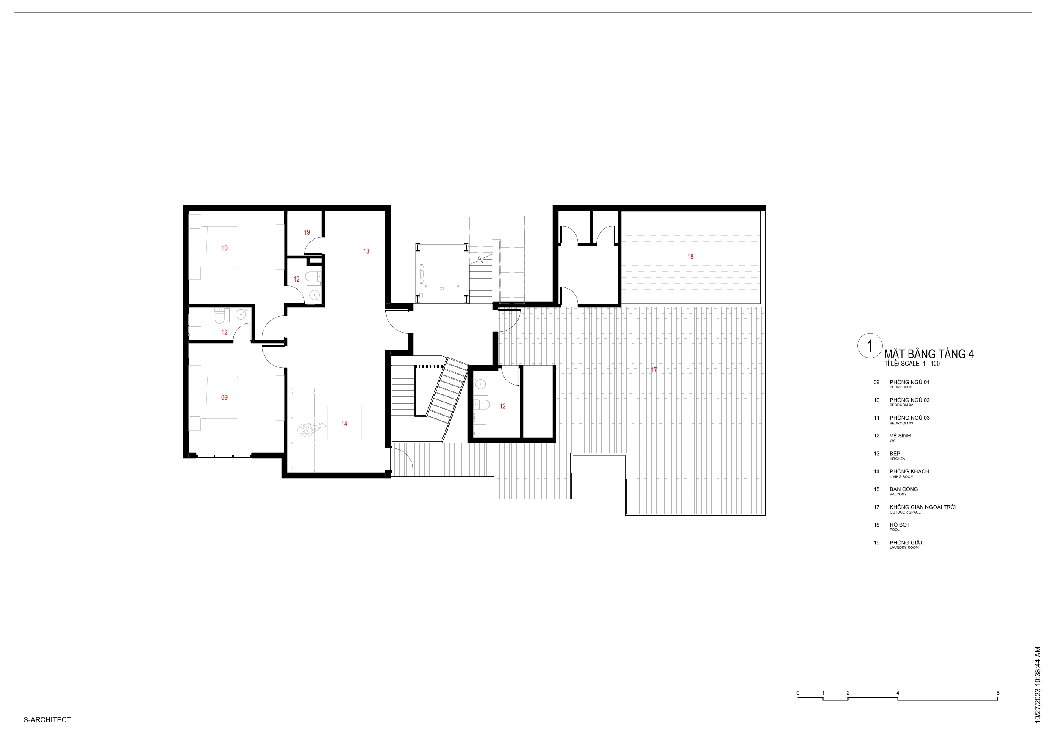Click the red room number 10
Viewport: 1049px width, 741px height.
pyautogui.click(x=224, y=248)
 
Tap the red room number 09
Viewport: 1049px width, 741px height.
pyautogui.click(x=224, y=398)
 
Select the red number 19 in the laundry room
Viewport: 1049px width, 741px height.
pyautogui.click(x=307, y=232)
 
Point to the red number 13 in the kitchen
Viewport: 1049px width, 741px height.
pyautogui.click(x=366, y=251)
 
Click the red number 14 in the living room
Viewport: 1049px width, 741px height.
pyautogui.click(x=344, y=424)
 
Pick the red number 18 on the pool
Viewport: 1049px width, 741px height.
pyautogui.click(x=690, y=257)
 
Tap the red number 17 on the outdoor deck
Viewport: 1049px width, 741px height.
pyautogui.click(x=654, y=370)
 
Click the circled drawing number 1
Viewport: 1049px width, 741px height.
pyautogui.click(x=870, y=346)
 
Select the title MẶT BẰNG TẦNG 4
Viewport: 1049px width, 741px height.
pyautogui.click(x=929, y=354)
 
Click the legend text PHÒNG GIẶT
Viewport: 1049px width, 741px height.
pyautogui.click(x=906, y=543)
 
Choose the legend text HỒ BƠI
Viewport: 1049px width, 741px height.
pyautogui.click(x=899, y=525)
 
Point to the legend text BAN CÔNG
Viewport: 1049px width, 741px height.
pyautogui.click(x=904, y=489)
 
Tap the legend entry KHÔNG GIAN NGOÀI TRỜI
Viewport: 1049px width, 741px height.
pyautogui.click(x=923, y=507)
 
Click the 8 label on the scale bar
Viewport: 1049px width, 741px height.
pyautogui.click(x=998, y=693)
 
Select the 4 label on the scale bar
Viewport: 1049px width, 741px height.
pyautogui.click(x=898, y=693)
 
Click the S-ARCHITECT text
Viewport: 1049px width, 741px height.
pyautogui.click(x=47, y=719)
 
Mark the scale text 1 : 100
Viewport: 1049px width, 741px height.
pyautogui.click(x=931, y=364)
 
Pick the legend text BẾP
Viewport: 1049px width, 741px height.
pyautogui.click(x=895, y=454)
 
